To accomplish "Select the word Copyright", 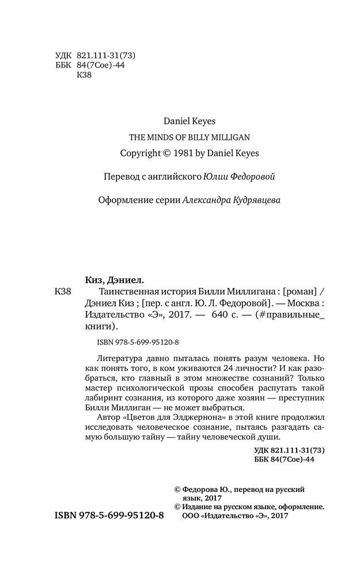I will click(141, 153).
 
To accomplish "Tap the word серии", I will click(165, 199).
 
